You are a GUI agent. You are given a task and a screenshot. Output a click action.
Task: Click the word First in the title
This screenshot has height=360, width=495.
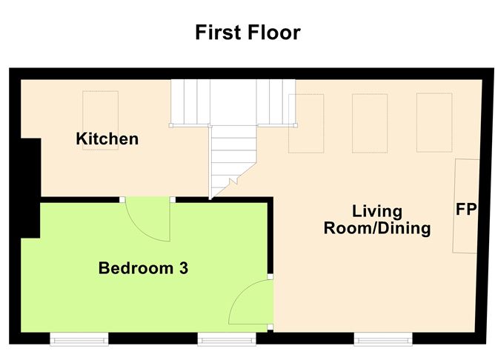pyautogui.click(x=219, y=33)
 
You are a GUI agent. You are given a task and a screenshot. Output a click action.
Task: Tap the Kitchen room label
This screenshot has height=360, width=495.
pyautogui.click(x=107, y=139)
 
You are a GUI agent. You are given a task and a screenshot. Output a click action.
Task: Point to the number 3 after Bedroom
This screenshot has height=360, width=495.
pyautogui.click(x=183, y=268)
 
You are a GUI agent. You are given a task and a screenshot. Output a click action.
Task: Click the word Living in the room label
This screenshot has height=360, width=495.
pyautogui.click(x=376, y=212)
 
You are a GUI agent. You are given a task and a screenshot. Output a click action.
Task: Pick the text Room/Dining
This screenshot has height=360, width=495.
pyautogui.click(x=376, y=228)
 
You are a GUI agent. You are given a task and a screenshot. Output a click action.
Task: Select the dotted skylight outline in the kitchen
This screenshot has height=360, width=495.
pyautogui.click(x=100, y=120)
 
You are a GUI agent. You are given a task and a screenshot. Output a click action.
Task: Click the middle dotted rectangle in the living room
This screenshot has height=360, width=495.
pyautogui.click(x=369, y=123)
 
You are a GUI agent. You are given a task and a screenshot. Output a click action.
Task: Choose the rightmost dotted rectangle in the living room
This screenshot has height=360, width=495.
pyautogui.click(x=433, y=123)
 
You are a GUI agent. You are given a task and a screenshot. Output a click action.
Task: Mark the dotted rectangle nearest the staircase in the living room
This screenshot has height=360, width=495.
pyautogui.click(x=306, y=123)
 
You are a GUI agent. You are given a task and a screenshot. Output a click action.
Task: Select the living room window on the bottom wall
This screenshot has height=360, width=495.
pyautogui.click(x=383, y=339)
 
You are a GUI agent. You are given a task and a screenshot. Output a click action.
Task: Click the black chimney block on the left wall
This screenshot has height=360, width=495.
pyautogui.click(x=29, y=188)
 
